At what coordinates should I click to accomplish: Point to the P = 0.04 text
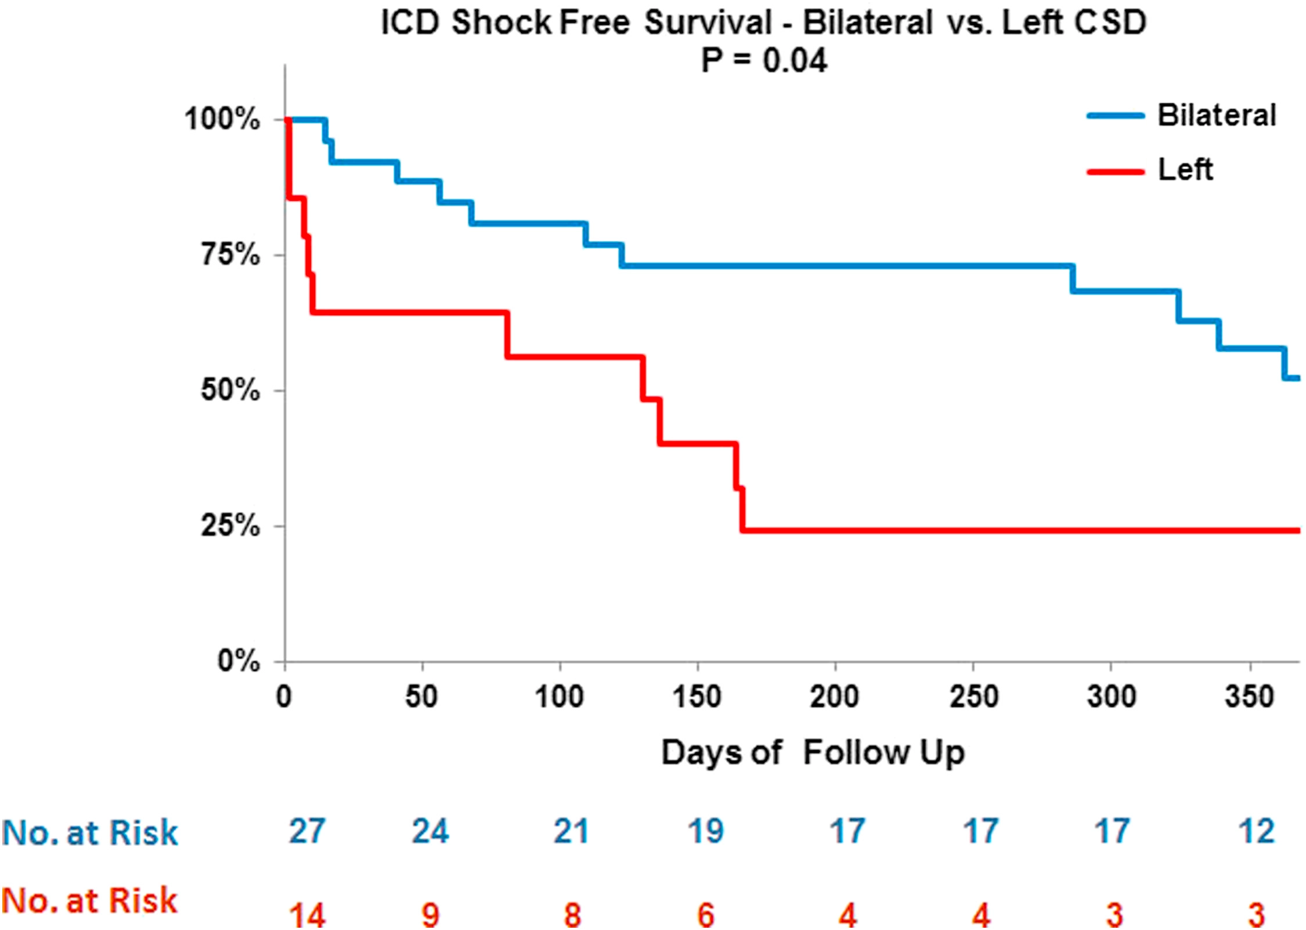764,60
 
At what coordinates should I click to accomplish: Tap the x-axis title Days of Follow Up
813,752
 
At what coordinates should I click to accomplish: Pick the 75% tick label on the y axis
230,254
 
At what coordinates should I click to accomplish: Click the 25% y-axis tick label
230,526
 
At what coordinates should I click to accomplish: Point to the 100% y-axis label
222,119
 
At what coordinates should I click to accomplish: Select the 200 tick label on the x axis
834,696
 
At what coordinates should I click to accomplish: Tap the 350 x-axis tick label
1249,696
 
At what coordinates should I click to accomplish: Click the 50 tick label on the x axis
421,696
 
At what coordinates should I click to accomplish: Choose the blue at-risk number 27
307,831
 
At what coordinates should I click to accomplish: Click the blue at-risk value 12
1256,831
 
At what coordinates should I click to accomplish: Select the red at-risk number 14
307,914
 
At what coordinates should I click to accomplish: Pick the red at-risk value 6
705,914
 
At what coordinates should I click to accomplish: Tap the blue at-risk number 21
571,831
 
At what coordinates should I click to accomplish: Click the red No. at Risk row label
89,900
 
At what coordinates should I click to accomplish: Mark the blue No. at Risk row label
89,832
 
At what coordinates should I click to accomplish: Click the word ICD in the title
409,23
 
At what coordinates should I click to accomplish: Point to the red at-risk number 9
430,914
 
